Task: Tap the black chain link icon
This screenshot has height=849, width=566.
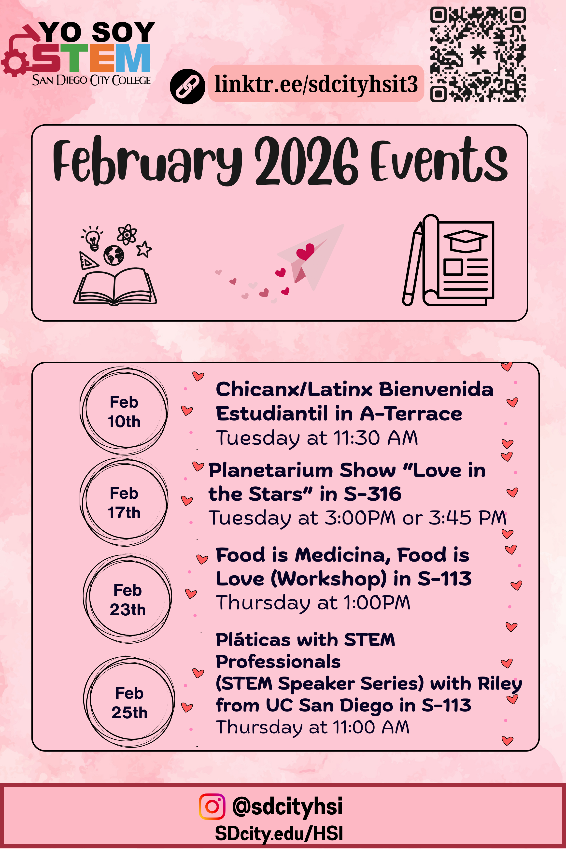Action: [x=187, y=87]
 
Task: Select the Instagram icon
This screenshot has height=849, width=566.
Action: [x=212, y=807]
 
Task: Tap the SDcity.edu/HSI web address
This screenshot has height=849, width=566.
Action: [x=279, y=834]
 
